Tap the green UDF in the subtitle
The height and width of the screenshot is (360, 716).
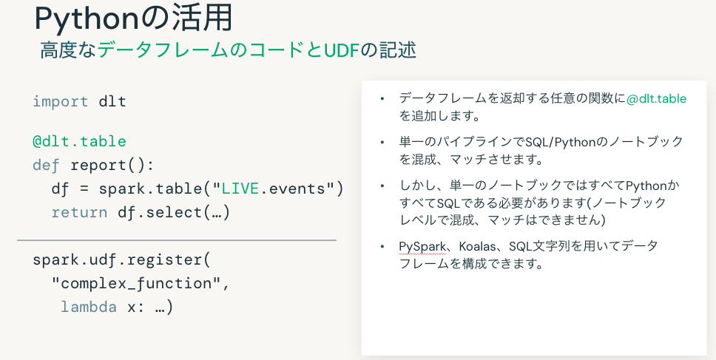coord(340,50)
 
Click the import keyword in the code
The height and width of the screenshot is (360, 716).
coord(61,101)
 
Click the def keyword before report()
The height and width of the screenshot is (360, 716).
coord(47,165)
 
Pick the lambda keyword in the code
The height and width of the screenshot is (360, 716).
coord(89,307)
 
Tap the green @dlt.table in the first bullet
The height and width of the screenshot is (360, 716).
coord(657,98)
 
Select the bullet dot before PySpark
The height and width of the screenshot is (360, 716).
coord(382,246)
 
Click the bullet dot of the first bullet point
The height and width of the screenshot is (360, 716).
coord(382,98)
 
